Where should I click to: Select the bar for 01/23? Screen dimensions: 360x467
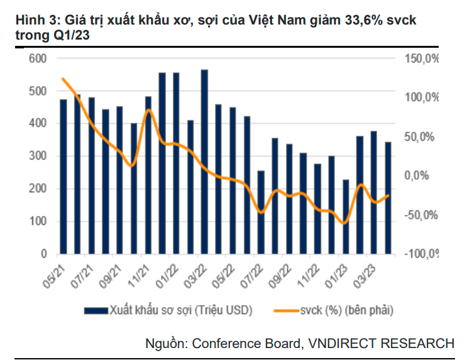[x=345, y=217]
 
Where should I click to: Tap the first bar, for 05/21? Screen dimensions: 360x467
[x=63, y=177]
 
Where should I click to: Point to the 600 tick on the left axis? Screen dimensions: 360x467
[x=39, y=58]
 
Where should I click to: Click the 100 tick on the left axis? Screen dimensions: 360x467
[x=39, y=221]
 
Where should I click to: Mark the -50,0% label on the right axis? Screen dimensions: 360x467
[x=420, y=215]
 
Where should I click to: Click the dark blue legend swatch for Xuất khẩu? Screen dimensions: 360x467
[x=96, y=310]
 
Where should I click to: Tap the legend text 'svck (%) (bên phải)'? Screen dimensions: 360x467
[x=346, y=310]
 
